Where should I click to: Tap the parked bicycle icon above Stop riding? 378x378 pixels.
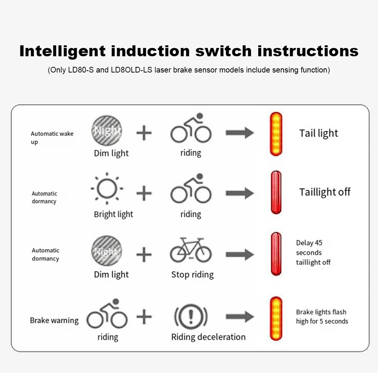click(x=191, y=250)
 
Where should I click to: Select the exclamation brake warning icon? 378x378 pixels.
click(x=191, y=316)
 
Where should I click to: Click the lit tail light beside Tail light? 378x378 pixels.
click(x=276, y=134)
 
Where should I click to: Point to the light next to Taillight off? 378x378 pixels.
click(x=276, y=192)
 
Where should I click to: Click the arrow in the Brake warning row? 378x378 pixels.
click(x=240, y=316)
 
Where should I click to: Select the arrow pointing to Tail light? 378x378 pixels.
click(x=240, y=133)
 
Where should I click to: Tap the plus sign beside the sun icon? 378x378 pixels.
click(x=144, y=193)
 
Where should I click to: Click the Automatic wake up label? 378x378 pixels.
click(x=52, y=137)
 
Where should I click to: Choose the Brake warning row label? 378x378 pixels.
click(x=54, y=321)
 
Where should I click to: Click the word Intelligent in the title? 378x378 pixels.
click(x=62, y=51)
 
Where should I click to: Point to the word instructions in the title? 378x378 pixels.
click(x=307, y=51)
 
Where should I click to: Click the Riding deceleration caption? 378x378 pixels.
click(x=208, y=337)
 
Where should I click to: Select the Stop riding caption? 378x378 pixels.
click(x=192, y=275)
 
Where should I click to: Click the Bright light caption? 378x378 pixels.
click(x=113, y=214)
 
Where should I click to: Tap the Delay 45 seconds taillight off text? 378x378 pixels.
click(x=313, y=253)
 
